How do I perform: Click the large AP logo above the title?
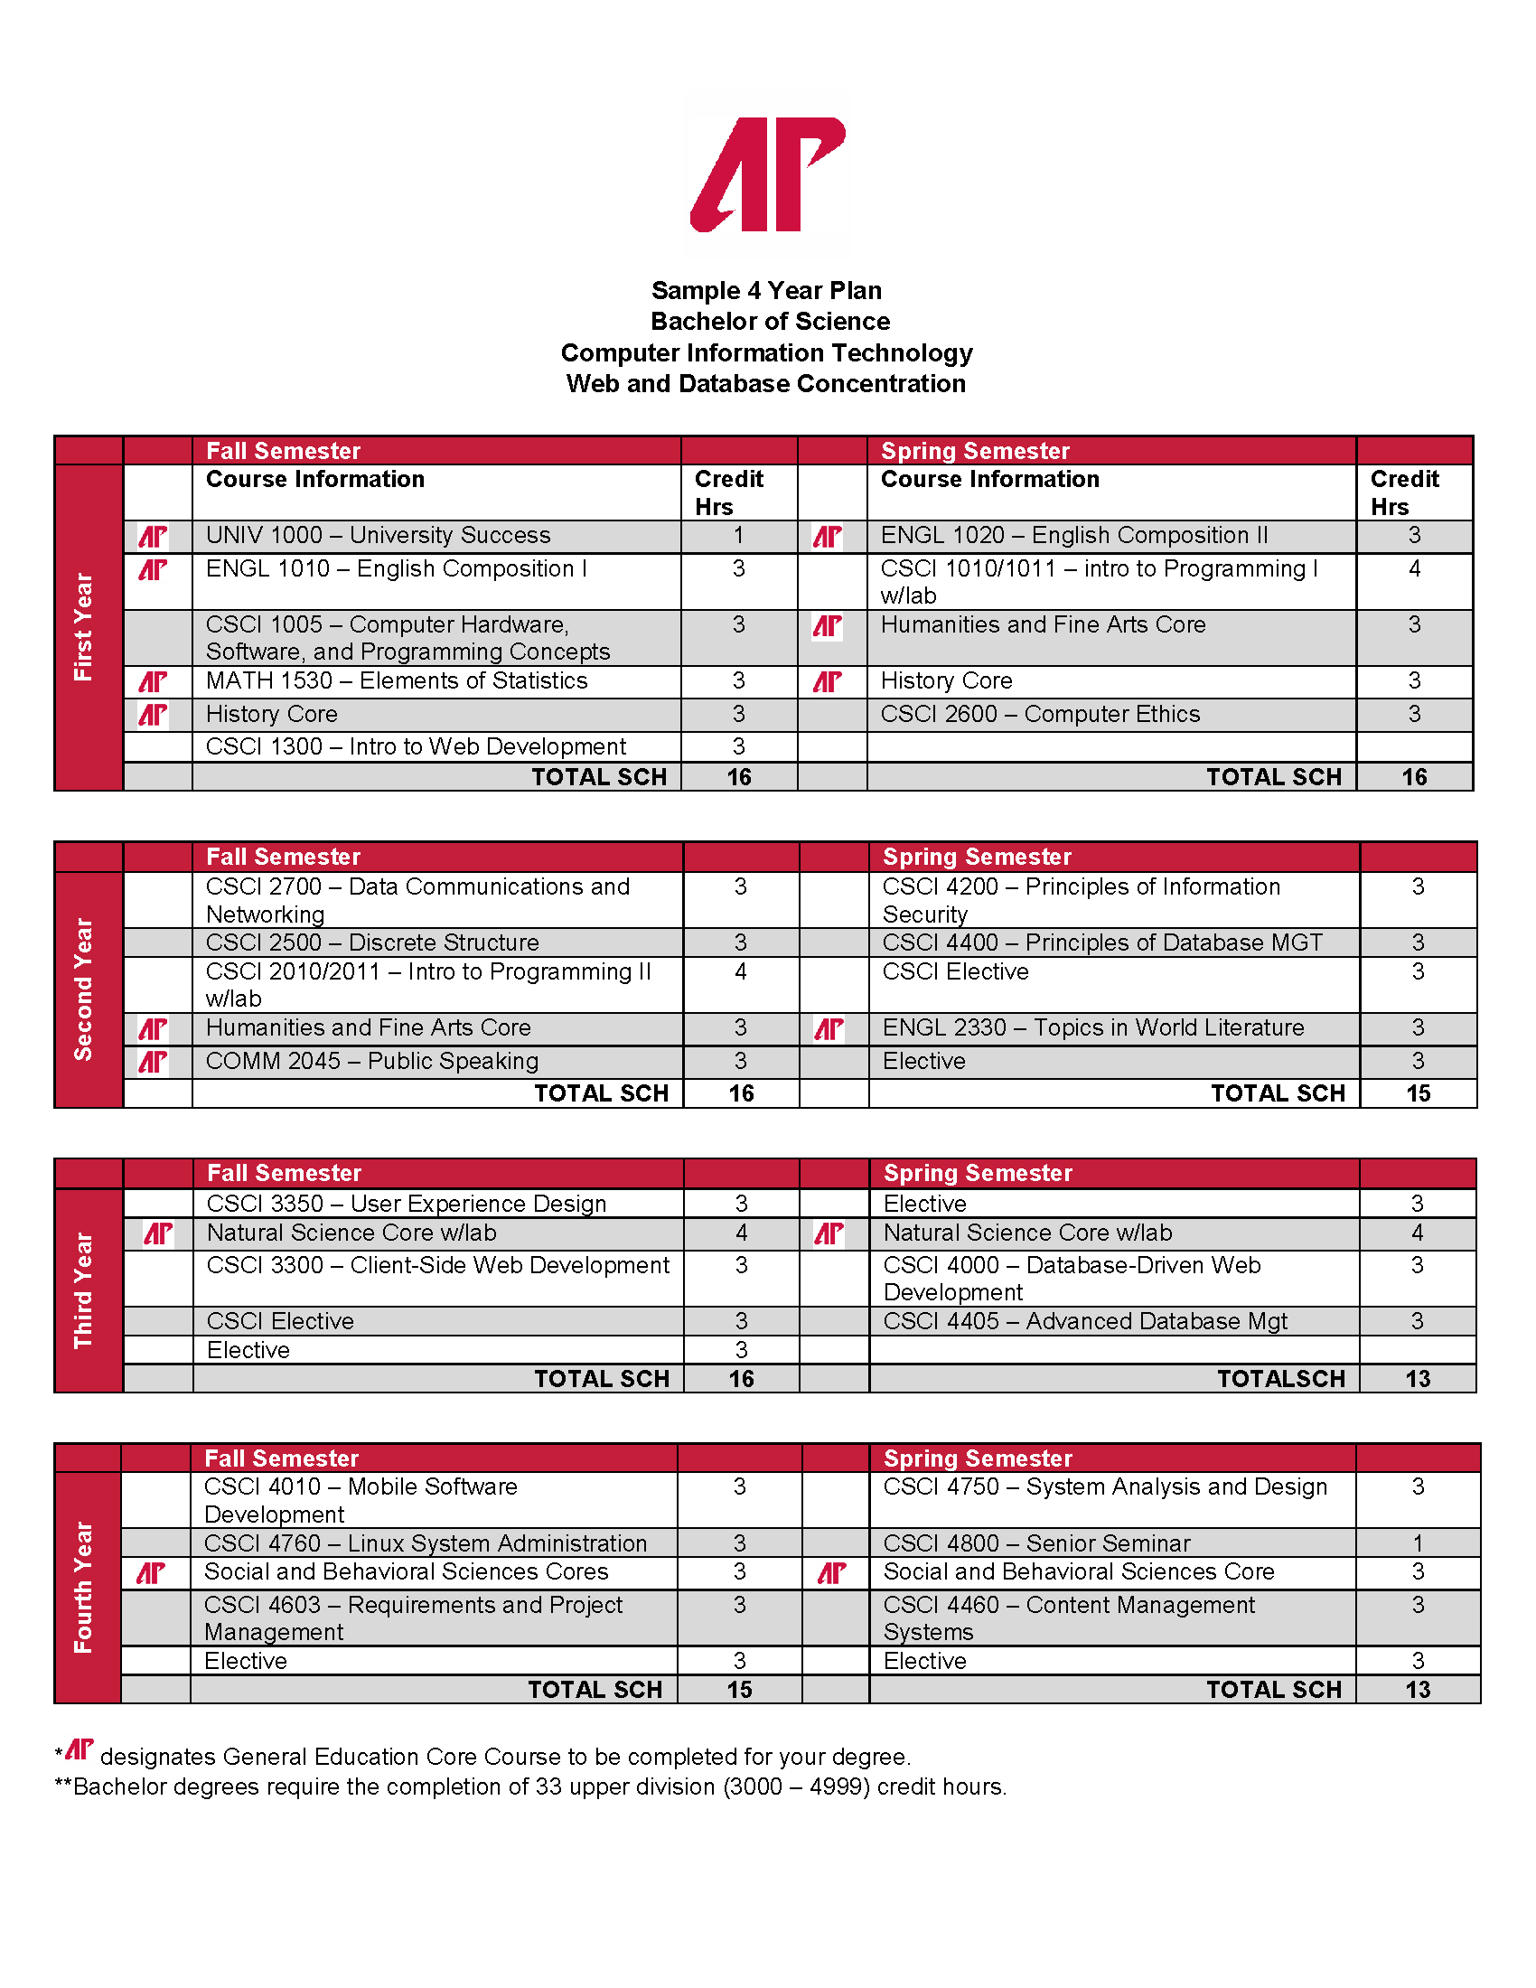click(768, 174)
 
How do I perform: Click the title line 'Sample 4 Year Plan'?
click(766, 290)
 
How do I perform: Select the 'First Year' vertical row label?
click(84, 626)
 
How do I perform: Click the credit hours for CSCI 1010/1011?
click(1414, 569)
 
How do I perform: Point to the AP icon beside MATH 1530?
click(153, 681)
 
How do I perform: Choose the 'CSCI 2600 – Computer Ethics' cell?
click(1040, 715)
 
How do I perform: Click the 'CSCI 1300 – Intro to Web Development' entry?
click(416, 747)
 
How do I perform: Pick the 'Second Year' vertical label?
click(84, 989)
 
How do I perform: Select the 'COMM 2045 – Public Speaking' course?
click(372, 1062)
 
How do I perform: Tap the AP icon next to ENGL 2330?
click(829, 1028)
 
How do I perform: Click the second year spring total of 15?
click(1418, 1093)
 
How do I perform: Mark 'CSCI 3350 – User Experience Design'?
click(406, 1204)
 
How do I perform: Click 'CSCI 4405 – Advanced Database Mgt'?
click(1085, 1321)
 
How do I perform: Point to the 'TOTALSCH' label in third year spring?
click(1281, 1379)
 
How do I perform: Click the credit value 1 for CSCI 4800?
click(1418, 1543)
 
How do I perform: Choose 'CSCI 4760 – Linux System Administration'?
click(425, 1543)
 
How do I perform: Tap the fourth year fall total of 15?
click(739, 1690)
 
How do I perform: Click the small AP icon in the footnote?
click(80, 1749)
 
